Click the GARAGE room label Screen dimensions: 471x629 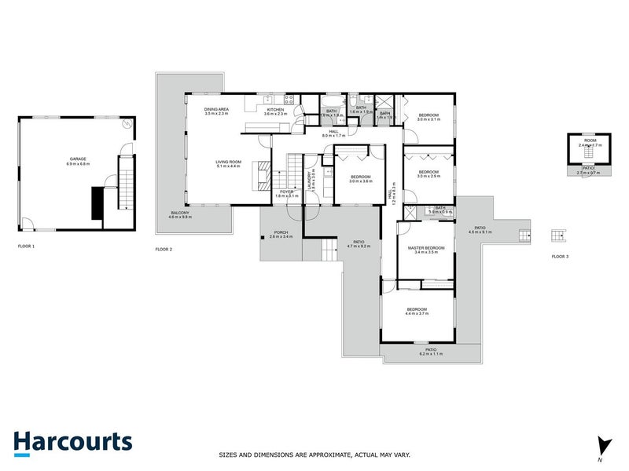click(x=76, y=159)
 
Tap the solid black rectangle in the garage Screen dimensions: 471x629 click(x=97, y=204)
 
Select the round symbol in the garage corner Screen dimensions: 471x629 click(x=125, y=126)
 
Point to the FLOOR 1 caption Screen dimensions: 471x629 click(x=27, y=246)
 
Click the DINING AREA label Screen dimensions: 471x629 click(x=216, y=110)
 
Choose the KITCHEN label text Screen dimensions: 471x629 click(x=274, y=110)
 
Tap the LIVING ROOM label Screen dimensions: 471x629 click(x=228, y=162)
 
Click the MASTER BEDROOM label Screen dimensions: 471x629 click(x=425, y=248)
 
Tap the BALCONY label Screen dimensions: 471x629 click(x=180, y=213)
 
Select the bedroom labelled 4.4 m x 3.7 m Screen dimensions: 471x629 click(x=417, y=309)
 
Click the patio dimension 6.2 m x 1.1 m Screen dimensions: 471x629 click(x=431, y=354)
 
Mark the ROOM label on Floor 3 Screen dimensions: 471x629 click(x=589, y=141)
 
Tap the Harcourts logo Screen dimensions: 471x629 click(x=72, y=441)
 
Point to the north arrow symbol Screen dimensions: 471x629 click(x=603, y=445)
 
